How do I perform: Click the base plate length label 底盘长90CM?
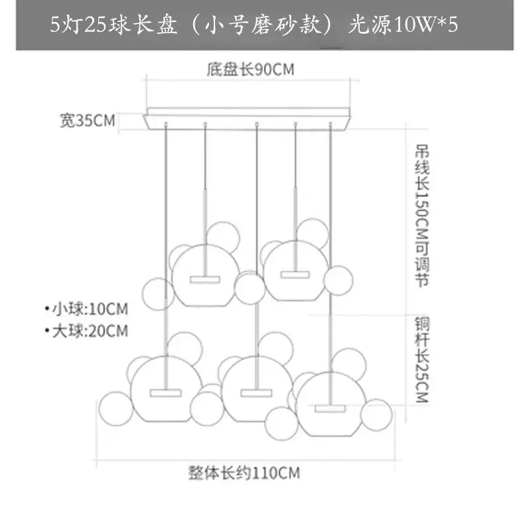(x=250, y=70)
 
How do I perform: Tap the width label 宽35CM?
(x=88, y=121)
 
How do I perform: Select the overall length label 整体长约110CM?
(x=244, y=473)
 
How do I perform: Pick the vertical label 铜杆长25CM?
(x=422, y=359)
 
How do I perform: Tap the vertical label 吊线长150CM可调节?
(x=422, y=216)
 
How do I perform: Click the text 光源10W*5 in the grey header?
(x=403, y=25)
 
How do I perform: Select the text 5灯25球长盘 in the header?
(x=114, y=25)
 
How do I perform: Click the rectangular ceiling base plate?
(x=248, y=119)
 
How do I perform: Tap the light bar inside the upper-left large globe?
(x=205, y=279)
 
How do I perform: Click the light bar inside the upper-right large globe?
(x=295, y=274)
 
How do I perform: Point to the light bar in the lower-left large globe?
(x=165, y=393)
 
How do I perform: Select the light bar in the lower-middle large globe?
(x=256, y=393)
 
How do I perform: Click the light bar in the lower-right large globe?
(x=330, y=408)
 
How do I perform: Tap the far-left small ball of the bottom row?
(x=115, y=408)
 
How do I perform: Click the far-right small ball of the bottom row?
(x=376, y=414)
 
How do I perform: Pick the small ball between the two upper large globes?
(x=250, y=289)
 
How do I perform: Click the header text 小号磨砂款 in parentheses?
(x=262, y=25)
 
